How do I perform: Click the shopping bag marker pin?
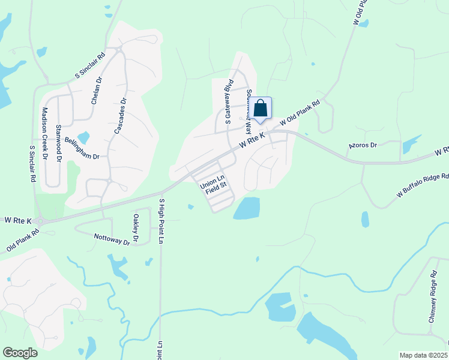point(261,109)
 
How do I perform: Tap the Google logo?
point(20,353)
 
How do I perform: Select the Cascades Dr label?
point(119,116)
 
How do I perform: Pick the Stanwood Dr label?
point(58,143)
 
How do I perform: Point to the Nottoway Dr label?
point(112,239)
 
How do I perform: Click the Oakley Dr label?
point(136,229)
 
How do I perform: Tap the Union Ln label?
point(212,179)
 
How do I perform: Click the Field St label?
point(216,187)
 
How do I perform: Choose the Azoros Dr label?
point(363,146)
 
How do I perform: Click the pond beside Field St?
point(247,208)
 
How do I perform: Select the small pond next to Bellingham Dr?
point(83,137)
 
